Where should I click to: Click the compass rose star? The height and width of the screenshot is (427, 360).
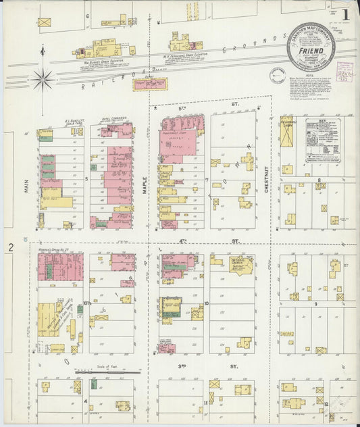coord(43,79)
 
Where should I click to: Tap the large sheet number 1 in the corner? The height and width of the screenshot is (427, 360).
coord(345,12)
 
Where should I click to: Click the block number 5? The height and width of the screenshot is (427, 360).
coord(87,179)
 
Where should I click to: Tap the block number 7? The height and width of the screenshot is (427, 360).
coord(207,180)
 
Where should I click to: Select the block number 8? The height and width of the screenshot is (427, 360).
coord(319,180)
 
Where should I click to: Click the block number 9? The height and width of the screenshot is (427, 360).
coord(315,303)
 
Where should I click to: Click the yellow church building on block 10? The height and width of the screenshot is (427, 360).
coord(241,264)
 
